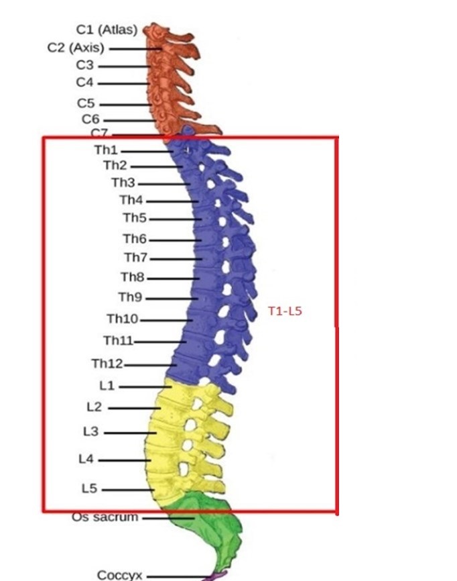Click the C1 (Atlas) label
pos(107,30)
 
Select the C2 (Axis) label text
pos(76,48)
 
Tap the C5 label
pos(86,104)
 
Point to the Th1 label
pos(106,151)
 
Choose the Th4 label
pos(131,200)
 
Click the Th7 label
pos(136,258)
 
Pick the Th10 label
pos(123,319)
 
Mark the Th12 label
pos(107,364)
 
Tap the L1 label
pos(107,386)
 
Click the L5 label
pos(89,489)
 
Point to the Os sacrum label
pos(105,517)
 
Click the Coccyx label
pos(120,575)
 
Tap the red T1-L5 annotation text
pos(285,311)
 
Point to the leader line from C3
pos(124,66)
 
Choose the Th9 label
pos(130,297)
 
